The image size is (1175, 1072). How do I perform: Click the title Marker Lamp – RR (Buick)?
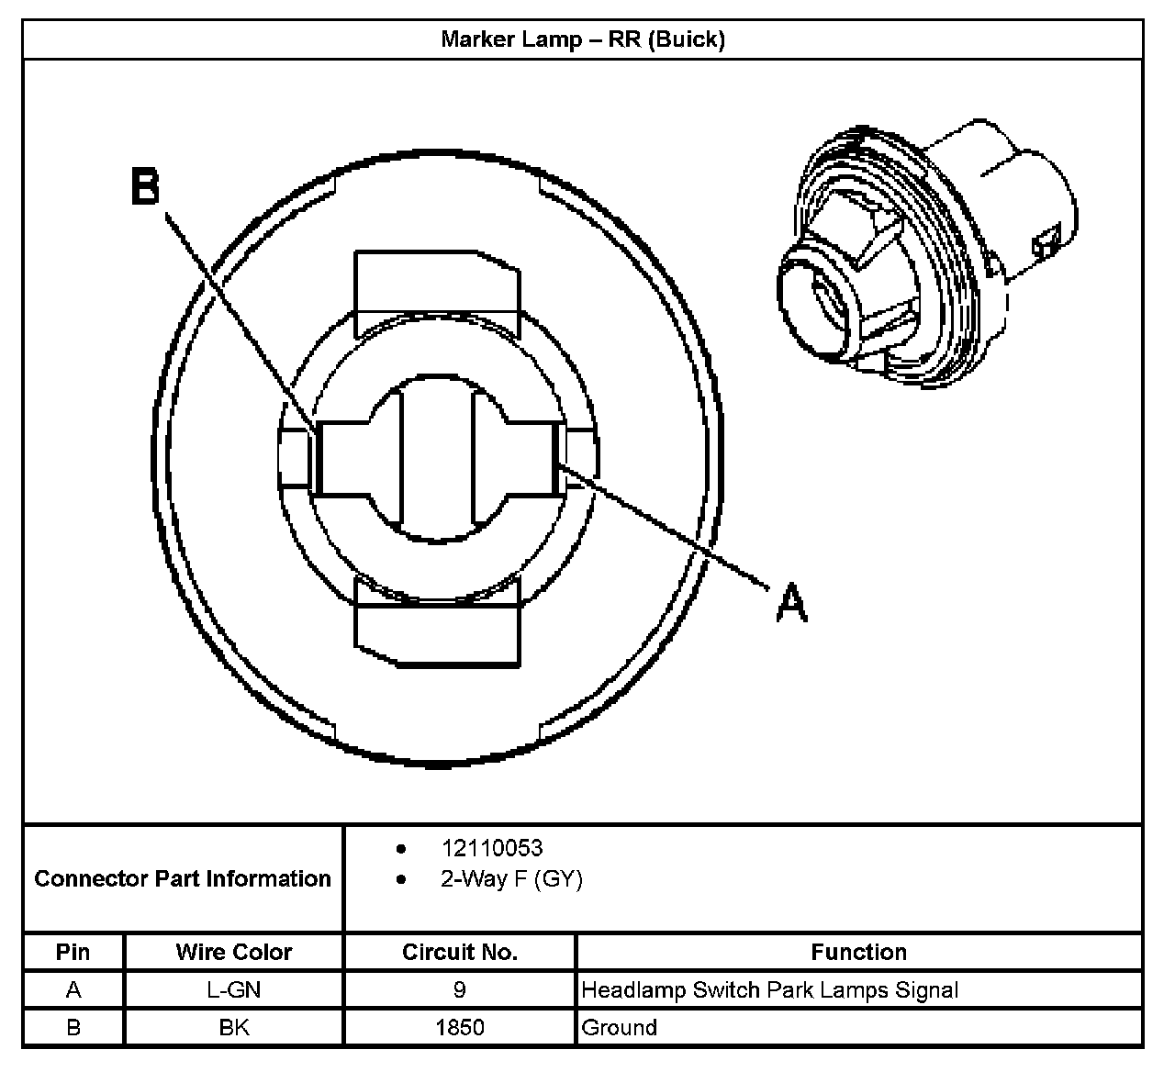click(x=583, y=39)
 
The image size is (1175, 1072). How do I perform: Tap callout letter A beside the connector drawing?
click(x=791, y=605)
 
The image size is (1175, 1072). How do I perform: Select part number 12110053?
click(x=491, y=848)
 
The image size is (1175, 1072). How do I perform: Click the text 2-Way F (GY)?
click(x=511, y=879)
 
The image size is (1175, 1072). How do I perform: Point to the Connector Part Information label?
click(x=183, y=878)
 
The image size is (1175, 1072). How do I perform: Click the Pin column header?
click(x=73, y=952)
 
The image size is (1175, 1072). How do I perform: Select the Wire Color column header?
click(x=234, y=952)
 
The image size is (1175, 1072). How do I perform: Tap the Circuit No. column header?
click(x=460, y=952)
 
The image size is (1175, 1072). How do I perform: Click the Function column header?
click(x=858, y=952)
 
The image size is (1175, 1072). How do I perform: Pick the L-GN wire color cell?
click(x=234, y=990)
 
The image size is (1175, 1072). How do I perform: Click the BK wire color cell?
click(x=234, y=1027)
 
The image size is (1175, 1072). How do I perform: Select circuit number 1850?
click(x=460, y=1027)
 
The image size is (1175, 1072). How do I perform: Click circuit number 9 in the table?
click(x=460, y=990)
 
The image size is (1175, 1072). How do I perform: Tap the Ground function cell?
click(x=620, y=1027)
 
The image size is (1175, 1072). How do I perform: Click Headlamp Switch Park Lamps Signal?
click(x=770, y=990)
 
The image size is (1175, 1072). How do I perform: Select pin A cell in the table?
click(x=73, y=990)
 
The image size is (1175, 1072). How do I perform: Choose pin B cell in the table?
click(x=73, y=1027)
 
